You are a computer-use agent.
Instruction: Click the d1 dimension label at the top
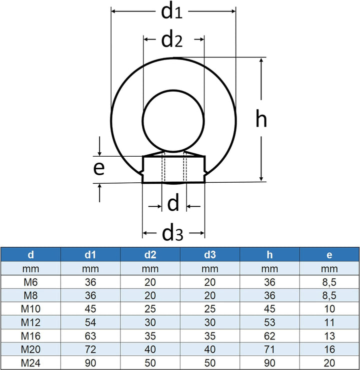172,12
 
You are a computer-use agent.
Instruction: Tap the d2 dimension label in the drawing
172,40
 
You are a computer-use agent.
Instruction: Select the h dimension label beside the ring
261,118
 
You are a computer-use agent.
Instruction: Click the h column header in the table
269,255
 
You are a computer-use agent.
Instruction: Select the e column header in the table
329,255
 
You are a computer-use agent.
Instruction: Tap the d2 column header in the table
150,255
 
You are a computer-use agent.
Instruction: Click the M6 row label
30,282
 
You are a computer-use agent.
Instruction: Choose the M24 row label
30,363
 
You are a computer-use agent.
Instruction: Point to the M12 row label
30,322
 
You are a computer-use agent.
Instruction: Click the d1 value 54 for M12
90,322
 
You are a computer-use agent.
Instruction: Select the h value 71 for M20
269,349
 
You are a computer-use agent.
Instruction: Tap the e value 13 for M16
329,336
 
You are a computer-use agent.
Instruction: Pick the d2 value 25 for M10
150,309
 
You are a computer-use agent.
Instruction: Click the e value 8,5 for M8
329,296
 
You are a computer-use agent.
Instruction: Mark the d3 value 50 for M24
210,363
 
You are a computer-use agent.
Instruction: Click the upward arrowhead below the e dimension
99,186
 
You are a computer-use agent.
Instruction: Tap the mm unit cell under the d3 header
210,269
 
